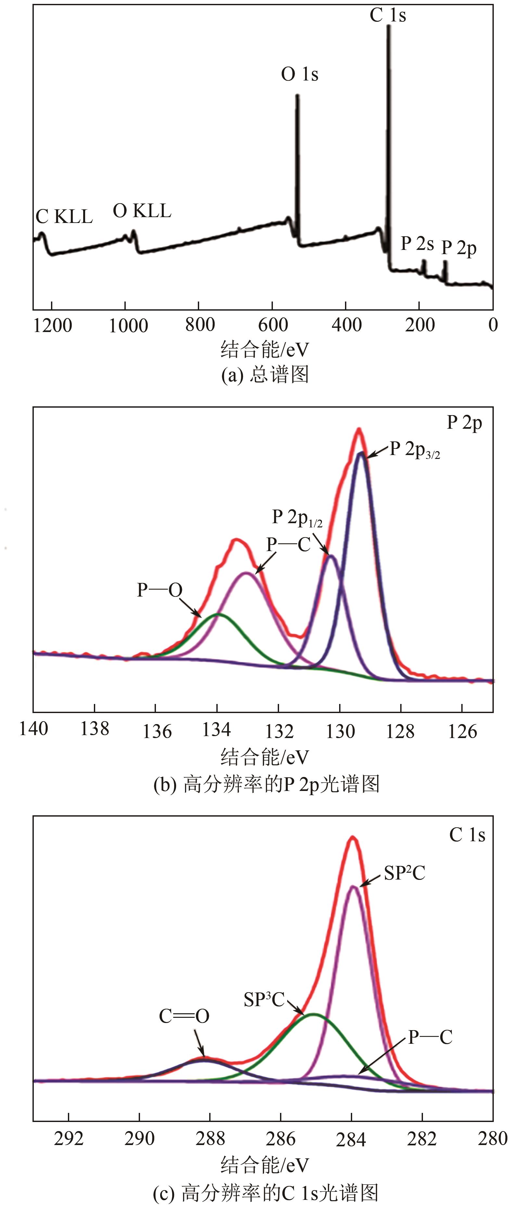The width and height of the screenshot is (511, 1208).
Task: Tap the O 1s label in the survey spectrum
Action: point(300,74)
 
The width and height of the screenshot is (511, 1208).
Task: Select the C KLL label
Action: point(64,217)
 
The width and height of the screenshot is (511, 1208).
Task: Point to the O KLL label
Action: point(142,211)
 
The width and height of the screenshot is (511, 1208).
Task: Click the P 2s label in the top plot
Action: point(417,244)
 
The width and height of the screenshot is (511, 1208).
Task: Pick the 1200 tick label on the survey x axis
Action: point(53,326)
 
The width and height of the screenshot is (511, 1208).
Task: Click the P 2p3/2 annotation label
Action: point(415,450)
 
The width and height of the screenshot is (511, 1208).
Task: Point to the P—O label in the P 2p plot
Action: point(160,590)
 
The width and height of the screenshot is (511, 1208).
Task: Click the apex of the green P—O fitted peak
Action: point(218,614)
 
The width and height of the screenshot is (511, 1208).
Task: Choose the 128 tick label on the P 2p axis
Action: point(400,731)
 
